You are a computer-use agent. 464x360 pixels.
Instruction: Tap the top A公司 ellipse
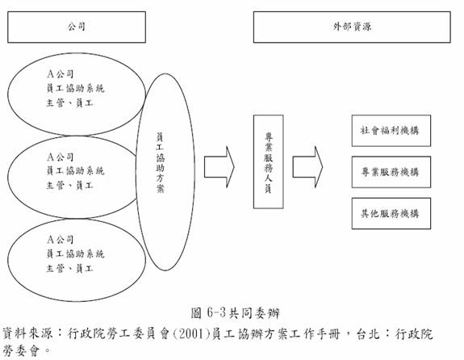tap(77, 53)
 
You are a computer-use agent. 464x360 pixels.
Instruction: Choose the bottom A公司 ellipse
tap(77, 301)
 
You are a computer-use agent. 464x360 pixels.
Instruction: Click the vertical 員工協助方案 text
tap(160, 163)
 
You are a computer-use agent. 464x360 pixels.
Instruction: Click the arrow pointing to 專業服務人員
tap(219, 166)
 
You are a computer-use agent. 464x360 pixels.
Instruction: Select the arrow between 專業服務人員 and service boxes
tap(307, 166)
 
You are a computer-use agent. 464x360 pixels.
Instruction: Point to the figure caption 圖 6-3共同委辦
tap(236, 313)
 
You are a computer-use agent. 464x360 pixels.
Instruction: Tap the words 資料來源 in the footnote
tap(27, 333)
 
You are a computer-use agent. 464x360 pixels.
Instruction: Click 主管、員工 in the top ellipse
tap(70, 103)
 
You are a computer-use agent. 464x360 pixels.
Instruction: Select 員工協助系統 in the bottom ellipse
tap(76, 253)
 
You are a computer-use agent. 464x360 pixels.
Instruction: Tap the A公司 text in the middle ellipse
tap(60, 157)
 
